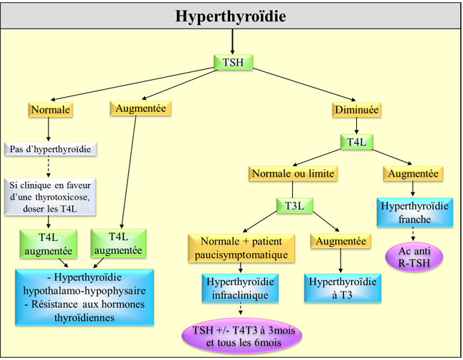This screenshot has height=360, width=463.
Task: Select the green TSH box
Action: pos(233,63)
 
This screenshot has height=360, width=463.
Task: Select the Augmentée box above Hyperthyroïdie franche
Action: pos(413,173)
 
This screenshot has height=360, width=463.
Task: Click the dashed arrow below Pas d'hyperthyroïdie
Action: pos(48,165)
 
